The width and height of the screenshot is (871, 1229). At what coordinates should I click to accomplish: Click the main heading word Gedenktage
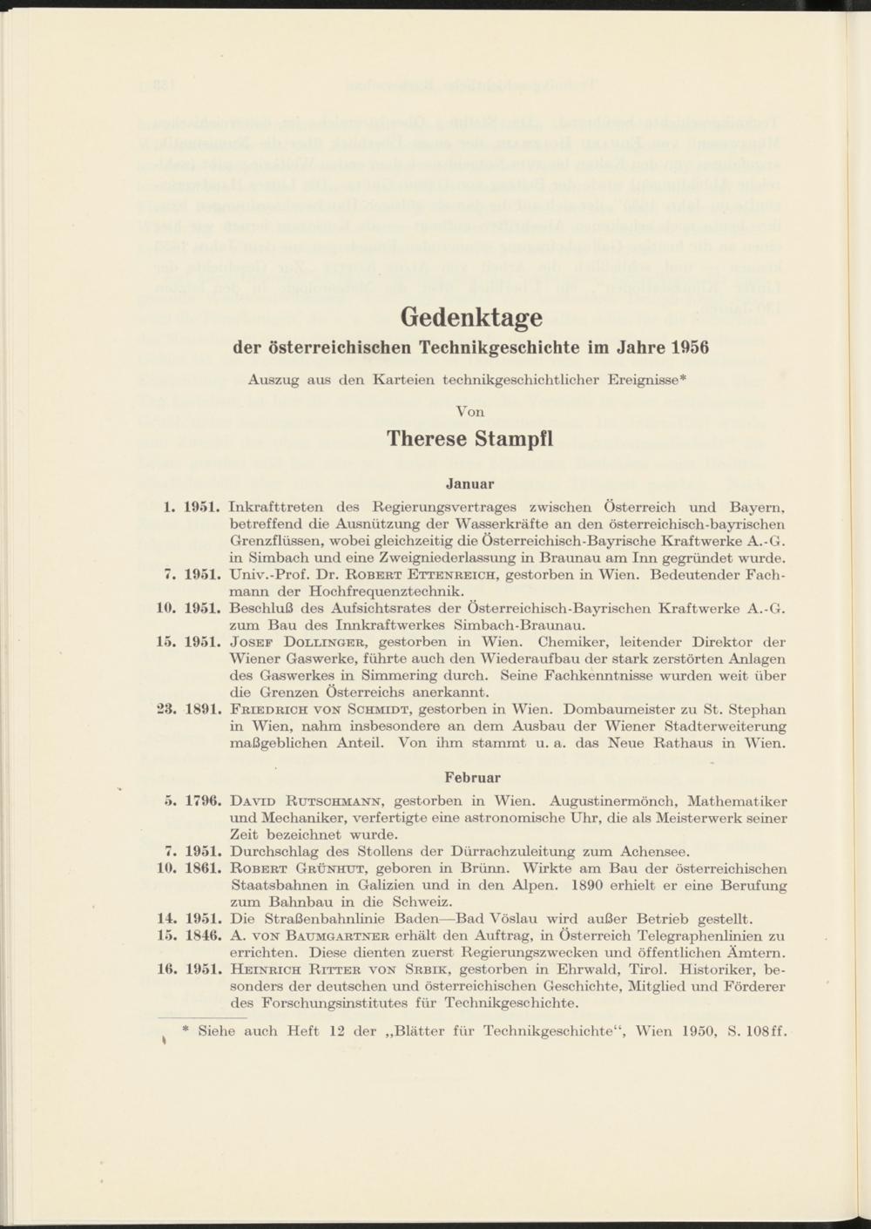point(470,315)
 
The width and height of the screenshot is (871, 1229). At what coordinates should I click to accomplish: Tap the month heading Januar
point(470,483)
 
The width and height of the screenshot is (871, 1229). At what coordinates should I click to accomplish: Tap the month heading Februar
point(472,777)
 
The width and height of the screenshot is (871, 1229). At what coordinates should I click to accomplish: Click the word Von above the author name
point(470,410)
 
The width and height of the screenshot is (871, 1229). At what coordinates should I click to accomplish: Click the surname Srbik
point(422,969)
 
